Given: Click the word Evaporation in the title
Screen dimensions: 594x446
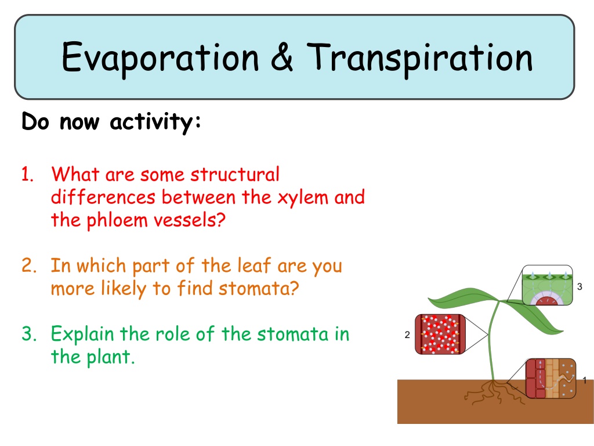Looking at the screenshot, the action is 160,58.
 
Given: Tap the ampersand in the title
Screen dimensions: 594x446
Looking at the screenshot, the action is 282,57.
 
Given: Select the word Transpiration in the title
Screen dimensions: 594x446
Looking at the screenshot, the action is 419,58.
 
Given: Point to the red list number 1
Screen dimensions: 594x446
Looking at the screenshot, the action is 28,174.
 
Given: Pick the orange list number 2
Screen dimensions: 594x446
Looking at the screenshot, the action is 29,265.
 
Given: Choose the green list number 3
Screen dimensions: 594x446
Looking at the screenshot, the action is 29,334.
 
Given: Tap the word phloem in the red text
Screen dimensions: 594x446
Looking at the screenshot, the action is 117,221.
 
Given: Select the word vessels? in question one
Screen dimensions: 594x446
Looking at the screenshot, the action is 189,220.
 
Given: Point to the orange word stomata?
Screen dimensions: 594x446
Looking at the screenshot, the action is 259,289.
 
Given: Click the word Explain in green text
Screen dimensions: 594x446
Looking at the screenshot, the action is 82,334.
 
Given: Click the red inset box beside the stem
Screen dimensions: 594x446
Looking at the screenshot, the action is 440,334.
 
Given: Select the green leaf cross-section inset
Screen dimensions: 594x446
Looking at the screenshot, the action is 547,285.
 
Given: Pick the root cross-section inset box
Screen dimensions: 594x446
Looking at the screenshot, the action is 551,378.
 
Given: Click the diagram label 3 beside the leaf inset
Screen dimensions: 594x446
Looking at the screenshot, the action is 579,287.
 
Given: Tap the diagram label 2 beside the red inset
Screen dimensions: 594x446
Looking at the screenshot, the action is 407,335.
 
